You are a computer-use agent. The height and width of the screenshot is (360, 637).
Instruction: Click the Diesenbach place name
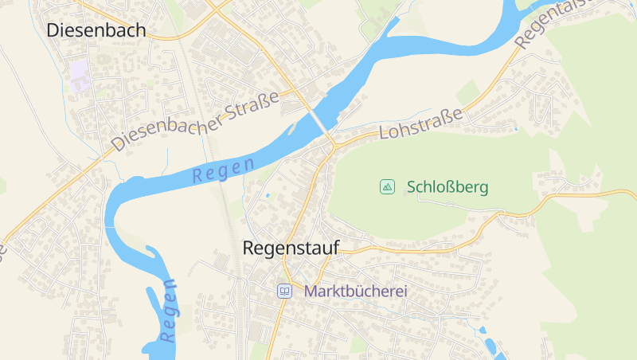pos(96,30)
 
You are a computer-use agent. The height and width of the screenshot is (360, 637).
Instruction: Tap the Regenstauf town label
pos(290,248)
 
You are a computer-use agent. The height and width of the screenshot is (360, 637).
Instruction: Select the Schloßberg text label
pos(447,188)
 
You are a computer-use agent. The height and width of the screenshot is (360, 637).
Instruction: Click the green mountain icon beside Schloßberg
pos(387,187)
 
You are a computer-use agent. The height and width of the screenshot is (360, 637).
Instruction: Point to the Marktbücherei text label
pos(356,292)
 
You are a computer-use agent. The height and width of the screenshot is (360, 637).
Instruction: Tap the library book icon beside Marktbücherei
pos(284,292)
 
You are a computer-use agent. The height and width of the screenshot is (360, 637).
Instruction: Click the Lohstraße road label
pos(421,125)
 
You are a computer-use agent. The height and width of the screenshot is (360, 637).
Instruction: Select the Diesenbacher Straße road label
pos(196,120)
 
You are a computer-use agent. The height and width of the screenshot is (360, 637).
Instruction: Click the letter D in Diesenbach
pos(53,30)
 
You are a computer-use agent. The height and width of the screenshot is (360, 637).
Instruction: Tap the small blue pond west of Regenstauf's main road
pos(268,195)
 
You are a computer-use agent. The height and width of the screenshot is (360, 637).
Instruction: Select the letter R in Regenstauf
pos(248,248)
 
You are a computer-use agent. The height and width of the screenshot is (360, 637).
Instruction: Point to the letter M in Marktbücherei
pos(311,292)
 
